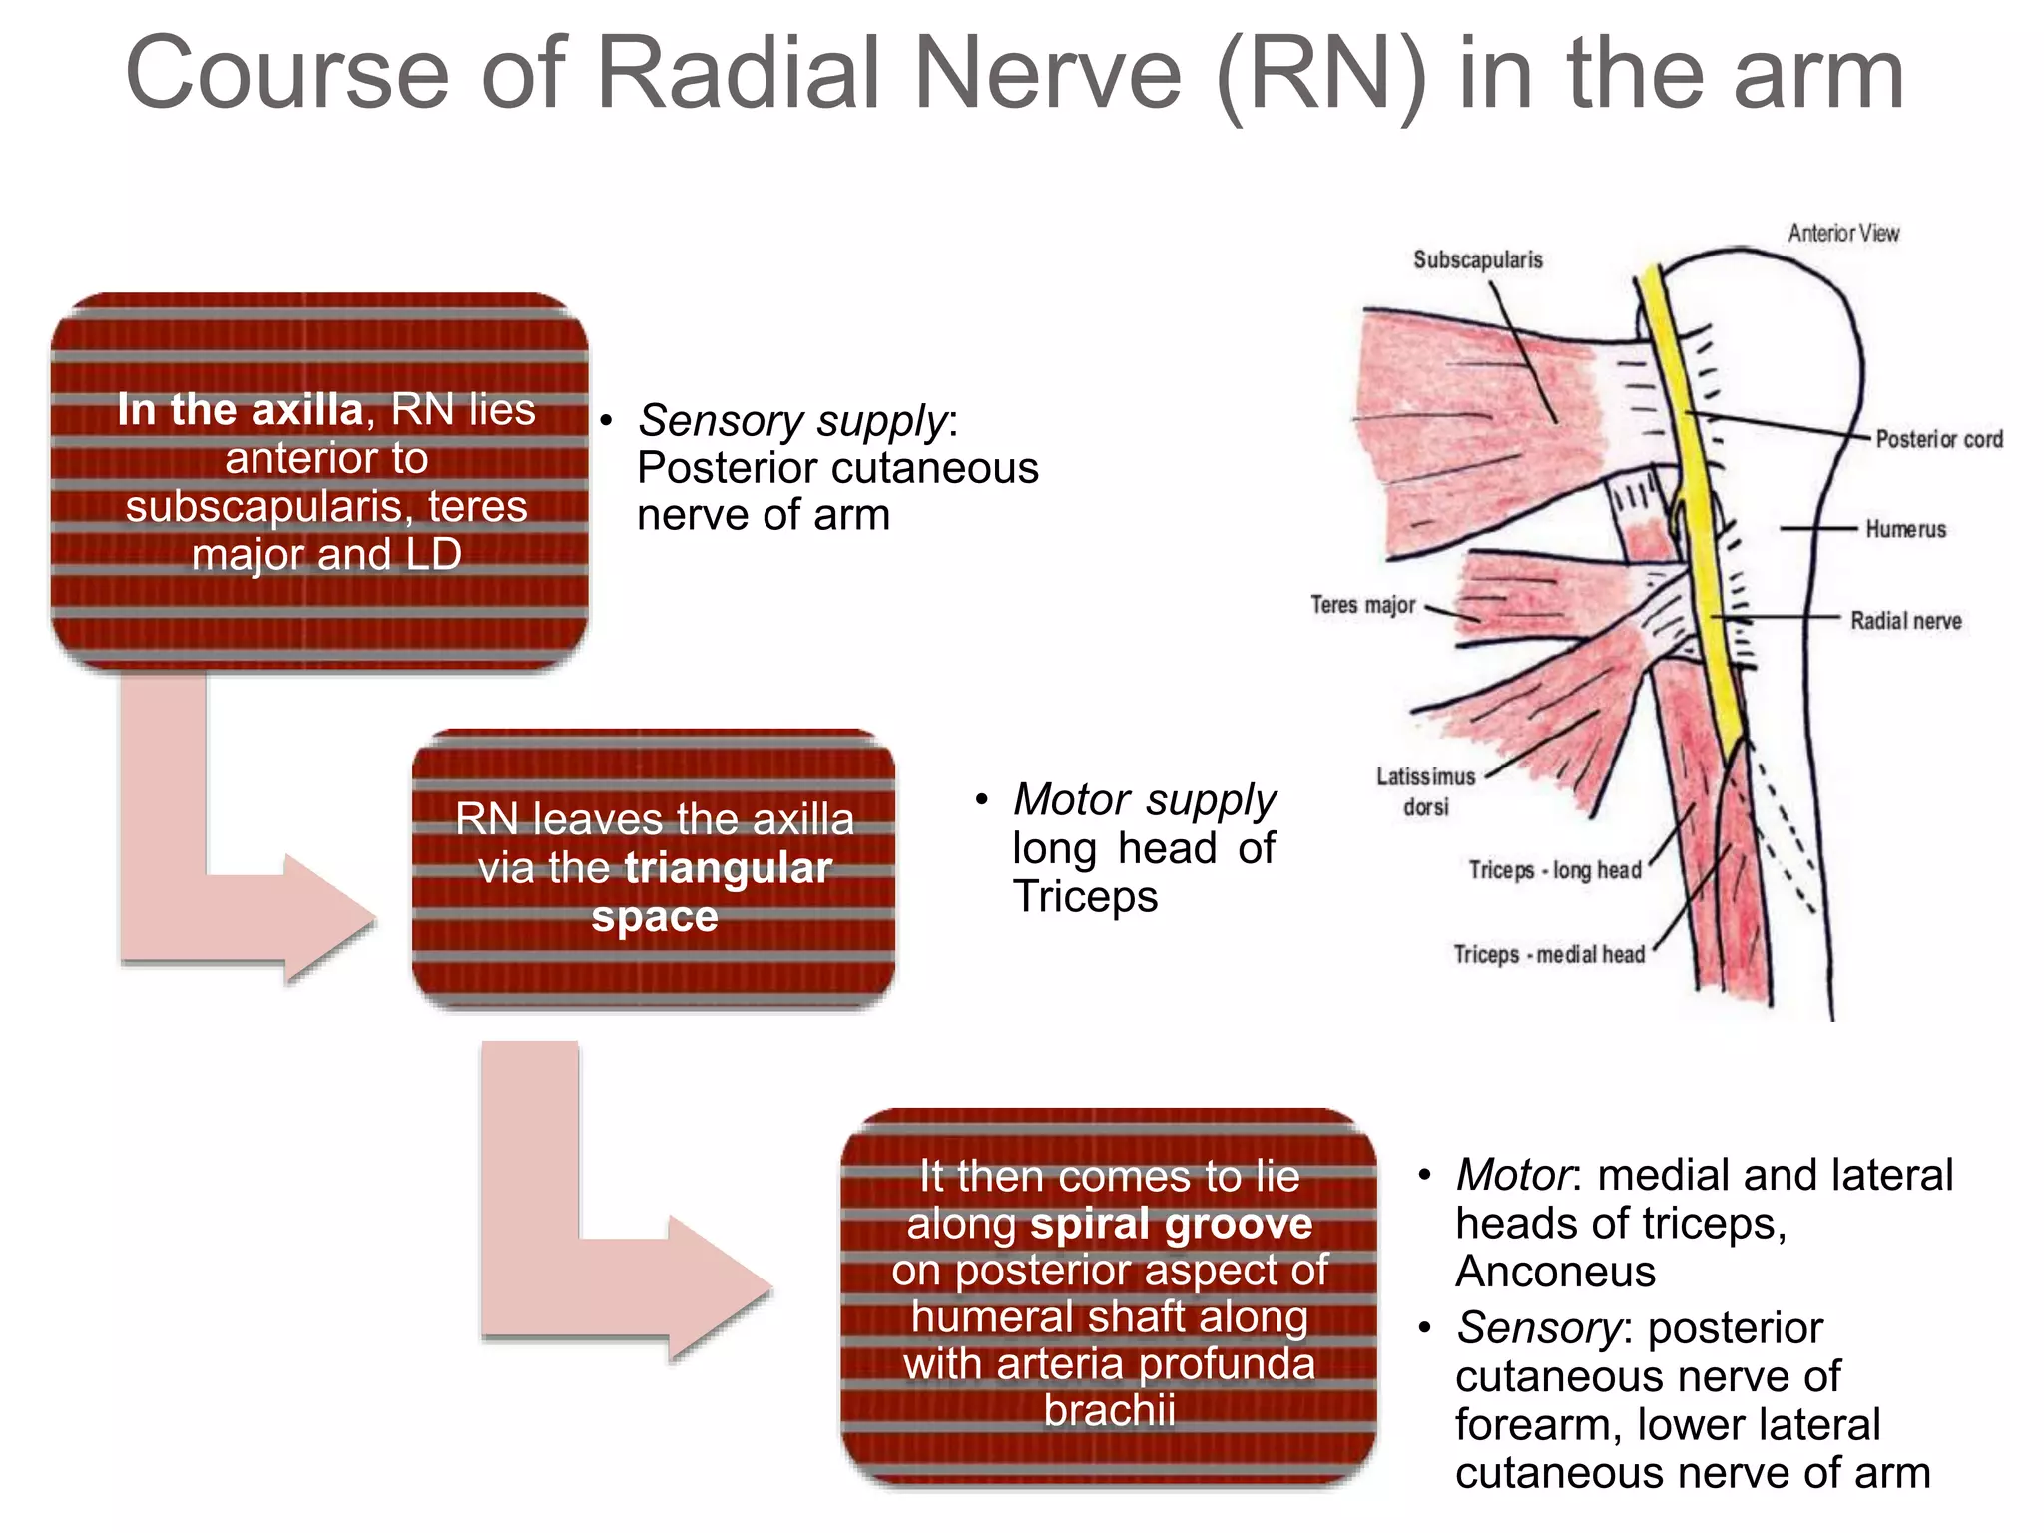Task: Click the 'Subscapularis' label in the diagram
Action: pos(1477,260)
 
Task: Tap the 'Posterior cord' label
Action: pos(1938,439)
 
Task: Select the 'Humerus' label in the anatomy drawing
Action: pos(1905,529)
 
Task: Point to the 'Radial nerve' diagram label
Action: pos(1905,621)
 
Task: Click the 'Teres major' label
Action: pos(1362,605)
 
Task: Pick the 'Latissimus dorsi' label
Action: pos(1425,791)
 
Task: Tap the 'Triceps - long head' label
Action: pos(1554,870)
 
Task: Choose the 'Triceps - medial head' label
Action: pos(1548,955)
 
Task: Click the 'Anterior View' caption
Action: pos(1842,234)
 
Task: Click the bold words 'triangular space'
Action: pos(699,891)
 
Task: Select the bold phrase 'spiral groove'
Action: pos(1171,1224)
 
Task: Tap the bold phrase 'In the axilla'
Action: pos(240,410)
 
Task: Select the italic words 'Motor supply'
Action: pos(1144,800)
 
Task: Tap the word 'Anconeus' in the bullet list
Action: pos(1555,1272)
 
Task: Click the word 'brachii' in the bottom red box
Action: pos(1109,1410)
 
